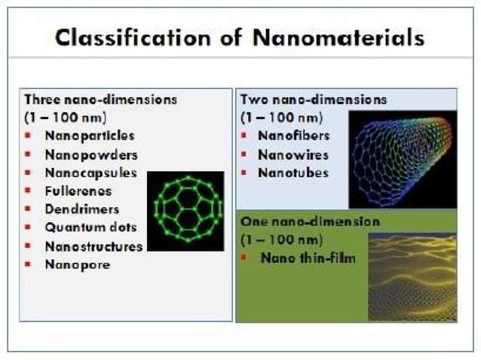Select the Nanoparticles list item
89,136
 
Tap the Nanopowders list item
90,154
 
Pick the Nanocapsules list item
90,172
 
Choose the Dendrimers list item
81,209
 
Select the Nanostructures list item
93,246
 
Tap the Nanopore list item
77,264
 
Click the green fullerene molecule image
185,211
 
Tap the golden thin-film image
412,277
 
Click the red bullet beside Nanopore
28,265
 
